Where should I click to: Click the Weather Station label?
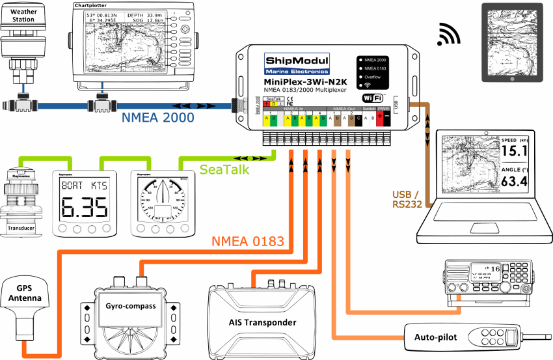(23, 15)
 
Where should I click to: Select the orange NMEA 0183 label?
(248, 242)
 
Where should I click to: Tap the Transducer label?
(23, 228)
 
